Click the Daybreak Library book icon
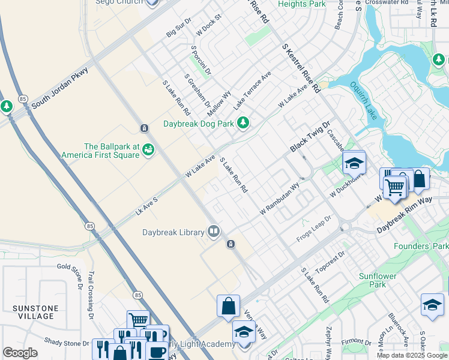[213, 232]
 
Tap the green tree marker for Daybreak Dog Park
[243, 124]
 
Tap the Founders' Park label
[421, 246]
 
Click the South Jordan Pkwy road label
[59, 88]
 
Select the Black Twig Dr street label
[310, 137]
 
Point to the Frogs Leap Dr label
[314, 230]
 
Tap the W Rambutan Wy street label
[279, 200]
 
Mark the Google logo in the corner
[20, 353]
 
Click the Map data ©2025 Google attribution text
[411, 355]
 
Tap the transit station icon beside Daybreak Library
[231, 244]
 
